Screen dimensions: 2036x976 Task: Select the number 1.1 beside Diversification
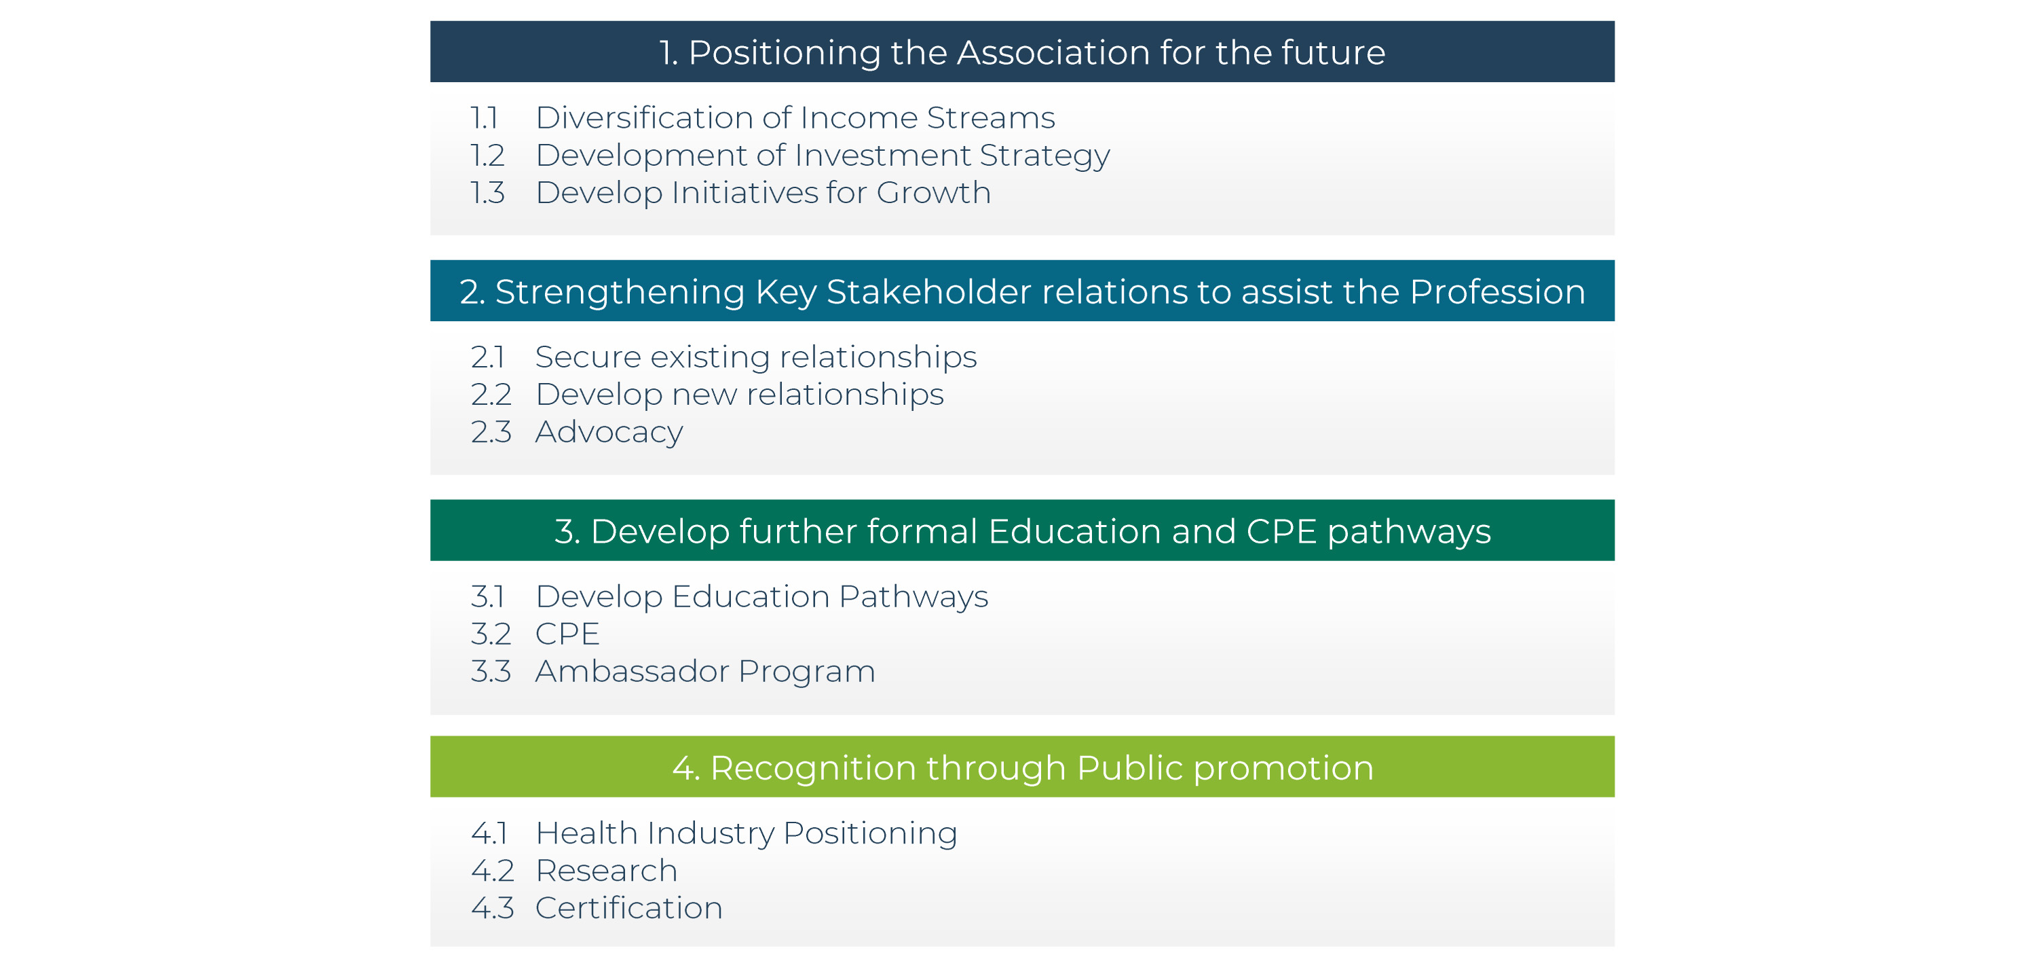tap(485, 118)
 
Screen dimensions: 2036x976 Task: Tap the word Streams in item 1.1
tap(990, 118)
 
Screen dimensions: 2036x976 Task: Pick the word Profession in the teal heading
tap(1497, 292)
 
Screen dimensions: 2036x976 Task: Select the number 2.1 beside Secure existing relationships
tap(488, 357)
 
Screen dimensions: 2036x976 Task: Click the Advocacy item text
tap(609, 433)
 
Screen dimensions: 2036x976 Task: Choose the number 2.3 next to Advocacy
tap(491, 433)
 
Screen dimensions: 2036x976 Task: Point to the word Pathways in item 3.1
tap(913, 597)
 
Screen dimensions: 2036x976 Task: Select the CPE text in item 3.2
tap(567, 634)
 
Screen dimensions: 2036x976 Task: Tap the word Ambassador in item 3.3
tap(633, 672)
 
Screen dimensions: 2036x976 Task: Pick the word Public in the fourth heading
tap(1129, 768)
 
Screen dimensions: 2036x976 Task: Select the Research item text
tap(606, 871)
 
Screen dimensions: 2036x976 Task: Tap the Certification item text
tap(629, 909)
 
